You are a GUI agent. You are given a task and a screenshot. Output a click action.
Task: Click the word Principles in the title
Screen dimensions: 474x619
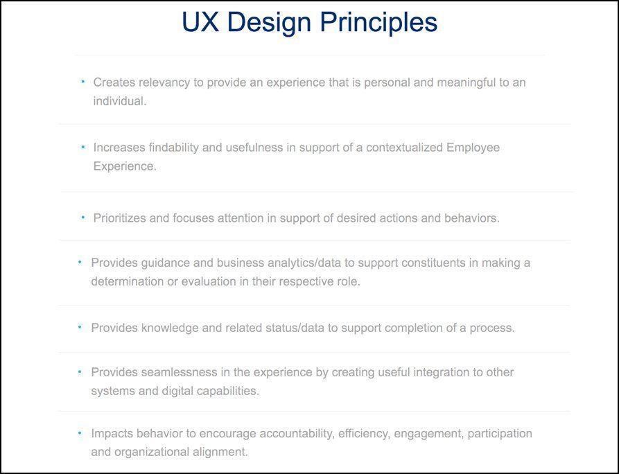point(378,23)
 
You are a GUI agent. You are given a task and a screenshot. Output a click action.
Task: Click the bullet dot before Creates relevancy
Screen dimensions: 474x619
point(82,81)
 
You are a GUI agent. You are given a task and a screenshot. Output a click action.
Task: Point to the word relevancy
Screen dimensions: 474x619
point(164,82)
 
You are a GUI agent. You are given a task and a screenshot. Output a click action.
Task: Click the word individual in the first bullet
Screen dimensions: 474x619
point(119,101)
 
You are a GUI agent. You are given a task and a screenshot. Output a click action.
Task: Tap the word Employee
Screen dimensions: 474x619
point(473,148)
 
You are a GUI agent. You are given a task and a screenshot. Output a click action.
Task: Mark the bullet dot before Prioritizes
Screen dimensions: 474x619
point(82,217)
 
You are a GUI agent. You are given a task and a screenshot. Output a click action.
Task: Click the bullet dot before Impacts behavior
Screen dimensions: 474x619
point(80,432)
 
